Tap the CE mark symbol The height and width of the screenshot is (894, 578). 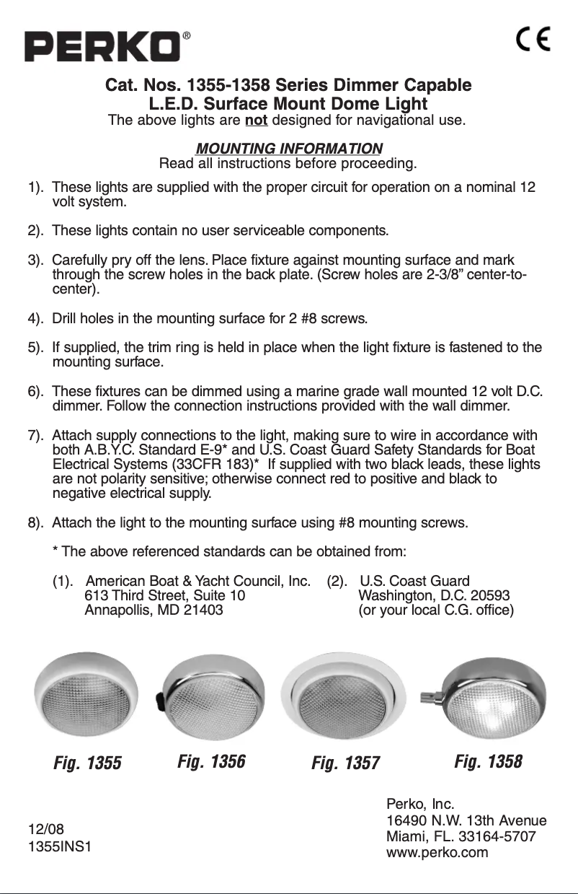(533, 39)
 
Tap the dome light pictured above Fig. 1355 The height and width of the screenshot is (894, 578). (88, 693)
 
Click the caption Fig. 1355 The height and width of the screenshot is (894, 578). (88, 763)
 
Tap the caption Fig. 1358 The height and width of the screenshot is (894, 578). (488, 761)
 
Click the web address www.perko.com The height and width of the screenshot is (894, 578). (437, 852)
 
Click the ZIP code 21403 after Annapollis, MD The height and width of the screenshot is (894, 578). (203, 610)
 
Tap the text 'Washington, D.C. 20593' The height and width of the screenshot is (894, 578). (435, 595)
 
